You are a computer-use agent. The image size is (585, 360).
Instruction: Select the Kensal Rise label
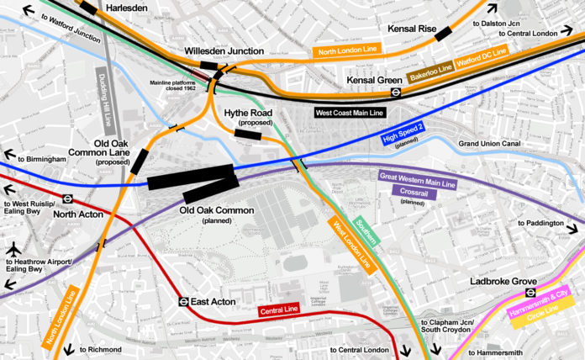click(412, 29)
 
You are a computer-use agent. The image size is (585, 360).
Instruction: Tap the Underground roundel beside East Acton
click(181, 300)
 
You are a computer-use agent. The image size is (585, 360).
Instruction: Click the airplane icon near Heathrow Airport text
click(15, 250)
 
